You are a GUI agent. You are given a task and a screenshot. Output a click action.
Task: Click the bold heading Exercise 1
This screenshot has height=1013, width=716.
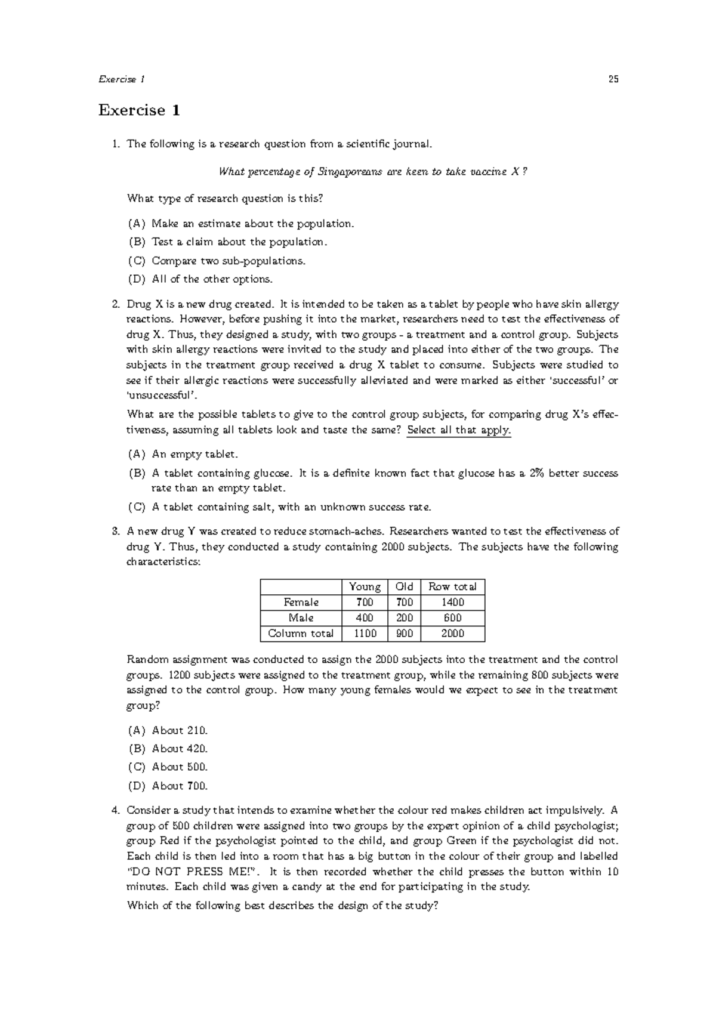click(139, 110)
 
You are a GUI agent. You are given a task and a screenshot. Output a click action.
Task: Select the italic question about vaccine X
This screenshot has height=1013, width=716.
click(373, 172)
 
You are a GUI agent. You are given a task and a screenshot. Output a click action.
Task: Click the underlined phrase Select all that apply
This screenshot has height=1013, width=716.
click(458, 430)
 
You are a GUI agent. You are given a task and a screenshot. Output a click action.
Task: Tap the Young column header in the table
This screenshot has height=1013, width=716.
click(365, 587)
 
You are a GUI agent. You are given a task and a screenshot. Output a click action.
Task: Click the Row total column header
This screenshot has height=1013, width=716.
click(452, 587)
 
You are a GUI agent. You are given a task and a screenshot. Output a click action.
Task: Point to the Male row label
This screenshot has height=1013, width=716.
click(301, 618)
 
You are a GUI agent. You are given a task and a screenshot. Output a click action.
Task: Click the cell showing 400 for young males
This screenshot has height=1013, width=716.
click(365, 618)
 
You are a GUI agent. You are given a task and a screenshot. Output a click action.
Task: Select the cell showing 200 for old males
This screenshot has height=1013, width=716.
click(404, 618)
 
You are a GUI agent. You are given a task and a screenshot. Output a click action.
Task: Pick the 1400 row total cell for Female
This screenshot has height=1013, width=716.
click(452, 603)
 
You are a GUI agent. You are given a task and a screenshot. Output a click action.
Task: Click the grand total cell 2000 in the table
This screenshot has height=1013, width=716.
click(452, 634)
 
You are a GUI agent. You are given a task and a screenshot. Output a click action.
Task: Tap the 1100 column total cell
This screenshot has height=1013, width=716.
click(365, 634)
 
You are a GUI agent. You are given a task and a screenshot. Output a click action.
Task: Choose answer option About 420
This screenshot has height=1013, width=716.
click(180, 749)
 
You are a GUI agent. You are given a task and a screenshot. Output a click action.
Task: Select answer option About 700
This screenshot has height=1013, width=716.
click(180, 786)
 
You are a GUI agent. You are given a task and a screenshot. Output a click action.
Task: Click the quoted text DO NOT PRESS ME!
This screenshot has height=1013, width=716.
click(196, 872)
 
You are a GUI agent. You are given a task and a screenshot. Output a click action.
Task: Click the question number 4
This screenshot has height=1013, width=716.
click(116, 810)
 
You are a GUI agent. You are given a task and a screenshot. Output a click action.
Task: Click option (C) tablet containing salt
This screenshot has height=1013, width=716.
click(291, 507)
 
